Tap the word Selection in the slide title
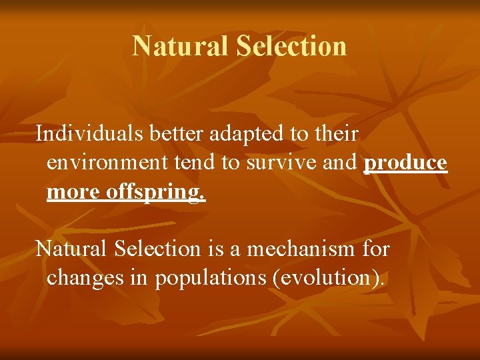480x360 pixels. [291, 47]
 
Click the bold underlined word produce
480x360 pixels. [405, 163]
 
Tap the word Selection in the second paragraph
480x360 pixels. [157, 249]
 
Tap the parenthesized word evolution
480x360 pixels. [328, 278]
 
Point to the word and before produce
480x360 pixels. [343, 163]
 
